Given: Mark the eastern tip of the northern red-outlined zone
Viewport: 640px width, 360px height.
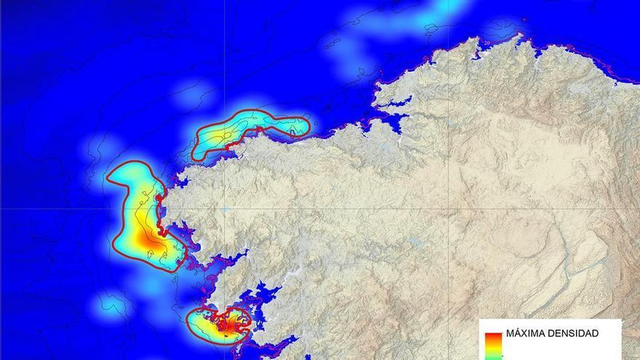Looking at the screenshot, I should coord(308,127).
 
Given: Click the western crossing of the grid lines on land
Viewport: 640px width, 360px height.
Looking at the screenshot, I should coord(225,209).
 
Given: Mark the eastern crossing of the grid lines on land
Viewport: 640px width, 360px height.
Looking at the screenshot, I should coord(449,209).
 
